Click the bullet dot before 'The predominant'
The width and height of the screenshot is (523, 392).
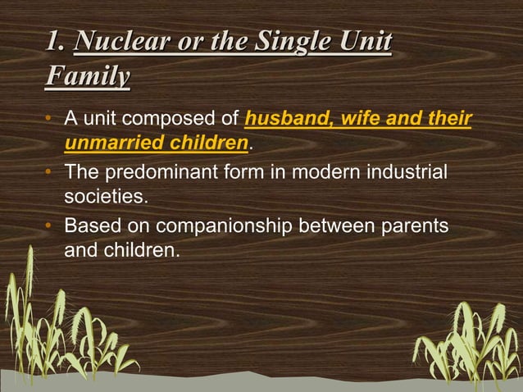(49, 174)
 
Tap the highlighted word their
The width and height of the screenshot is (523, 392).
(451, 122)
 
